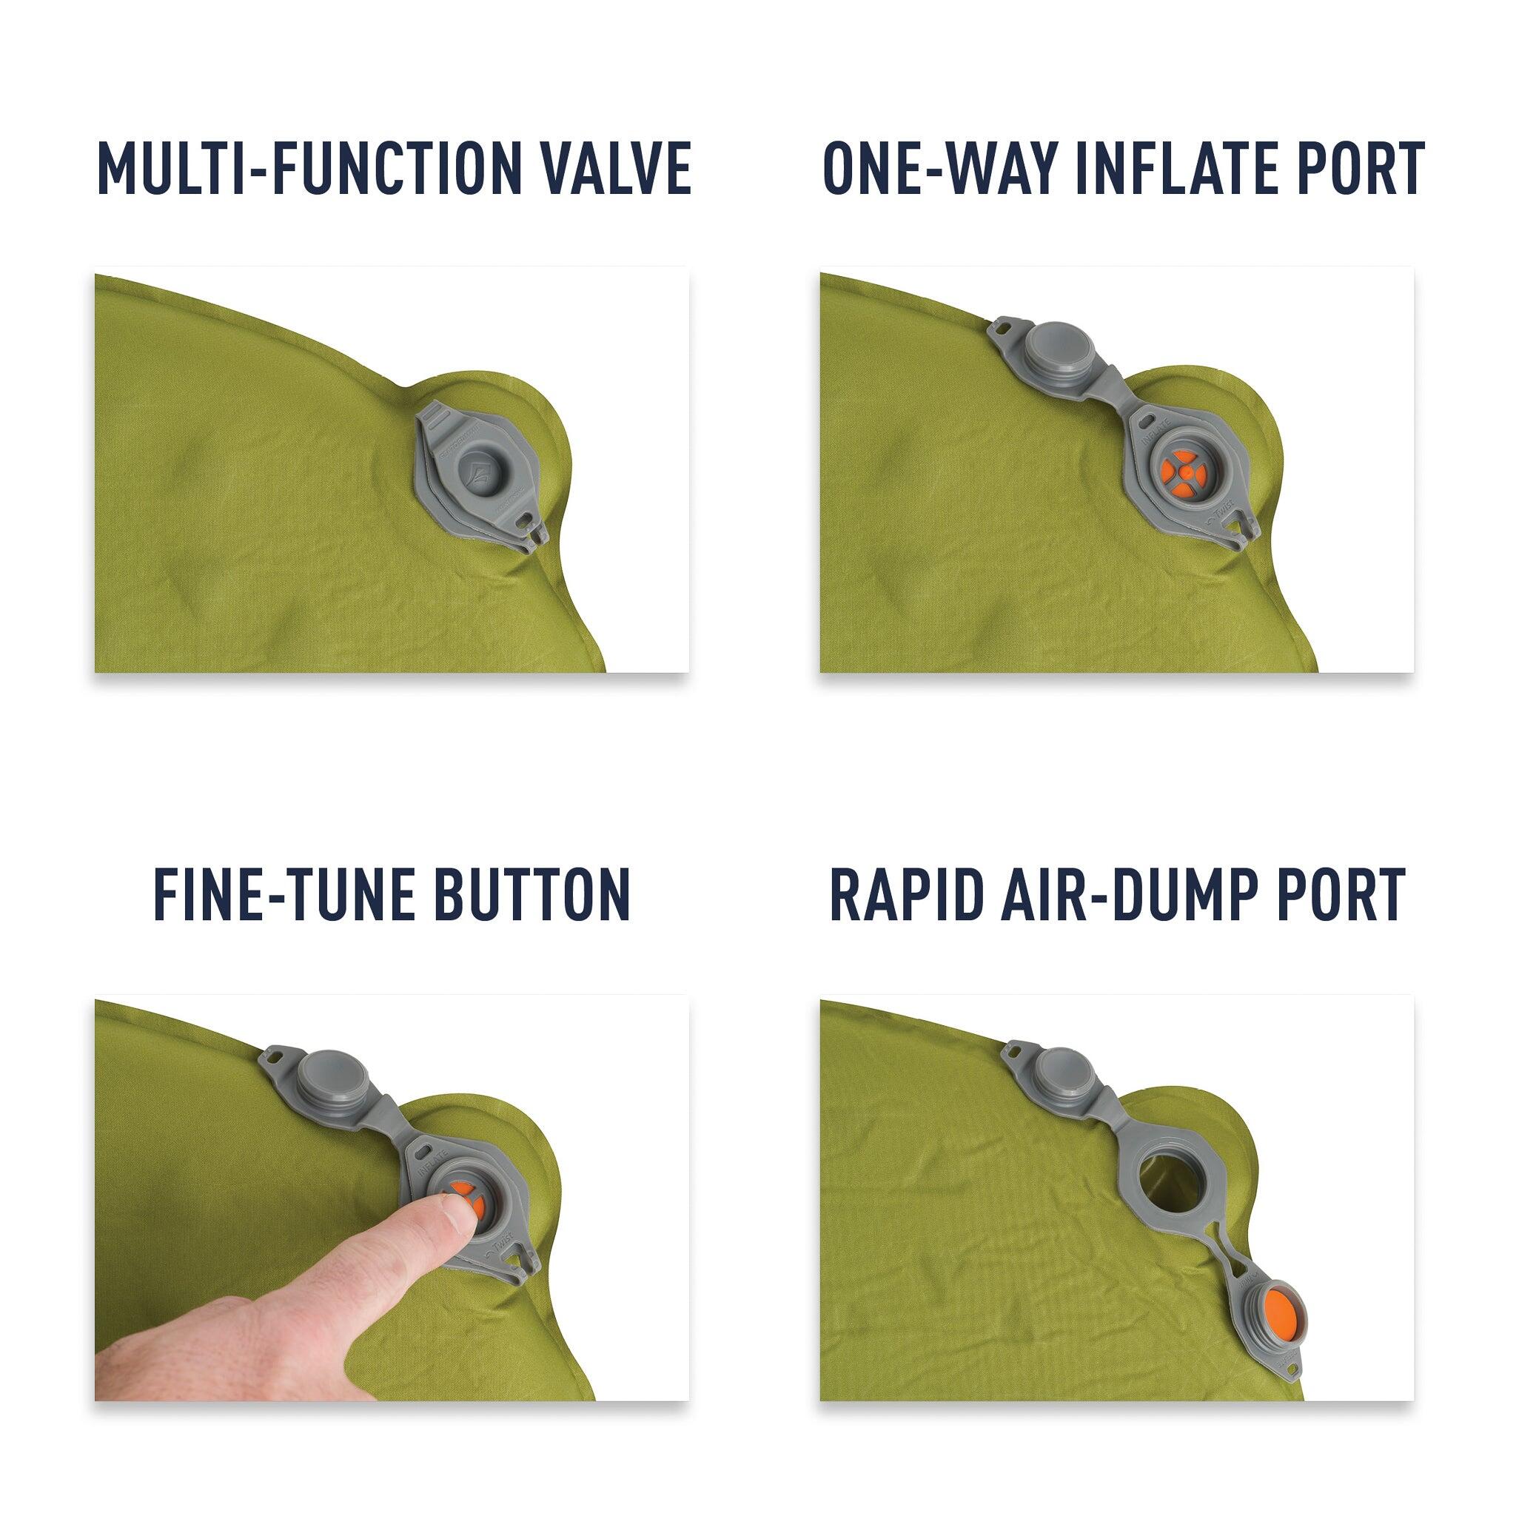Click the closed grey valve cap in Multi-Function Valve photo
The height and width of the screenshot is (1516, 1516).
(480, 472)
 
